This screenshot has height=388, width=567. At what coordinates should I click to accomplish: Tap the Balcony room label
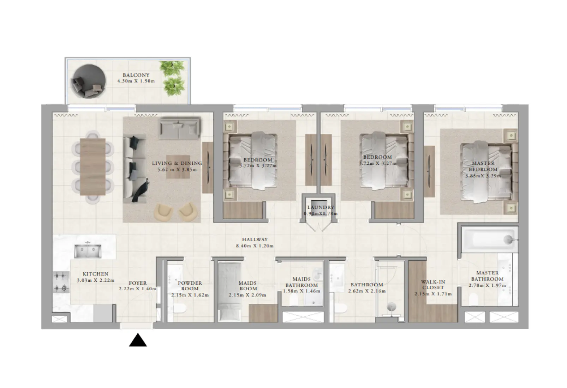tap(136, 75)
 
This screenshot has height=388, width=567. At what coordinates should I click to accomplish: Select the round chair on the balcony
tap(88, 82)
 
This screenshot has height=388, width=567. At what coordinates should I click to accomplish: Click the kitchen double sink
tap(87, 251)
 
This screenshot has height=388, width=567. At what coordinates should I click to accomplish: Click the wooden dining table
tap(92, 166)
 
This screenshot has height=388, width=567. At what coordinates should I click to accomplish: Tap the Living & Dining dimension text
tap(177, 170)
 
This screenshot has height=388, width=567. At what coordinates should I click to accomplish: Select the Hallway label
tap(255, 240)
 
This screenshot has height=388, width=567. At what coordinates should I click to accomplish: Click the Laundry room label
tap(321, 207)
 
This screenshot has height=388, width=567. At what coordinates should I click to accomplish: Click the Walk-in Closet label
tap(433, 285)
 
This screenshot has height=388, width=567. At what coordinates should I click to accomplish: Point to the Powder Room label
tap(190, 286)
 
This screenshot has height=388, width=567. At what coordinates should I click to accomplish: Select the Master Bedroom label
tap(483, 166)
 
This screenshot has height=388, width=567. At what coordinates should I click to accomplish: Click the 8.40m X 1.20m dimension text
tap(255, 246)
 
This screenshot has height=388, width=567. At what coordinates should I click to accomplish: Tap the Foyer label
tap(137, 283)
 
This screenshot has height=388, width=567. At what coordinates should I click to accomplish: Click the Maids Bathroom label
tap(302, 282)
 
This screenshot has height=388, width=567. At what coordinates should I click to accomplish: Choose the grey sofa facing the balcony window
tap(179, 128)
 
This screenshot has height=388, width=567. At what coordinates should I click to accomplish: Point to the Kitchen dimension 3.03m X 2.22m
tap(95, 280)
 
